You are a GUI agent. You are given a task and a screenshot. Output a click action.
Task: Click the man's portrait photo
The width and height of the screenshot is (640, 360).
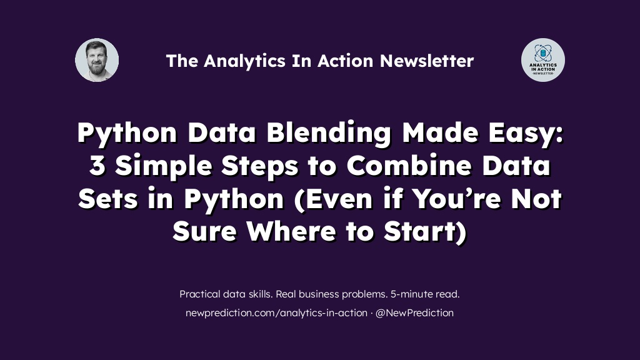(97, 60)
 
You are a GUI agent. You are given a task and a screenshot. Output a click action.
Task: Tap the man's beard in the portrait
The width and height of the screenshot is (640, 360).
(97, 67)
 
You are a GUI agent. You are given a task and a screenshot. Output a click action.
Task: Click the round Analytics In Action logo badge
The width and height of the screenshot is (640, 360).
(543, 60)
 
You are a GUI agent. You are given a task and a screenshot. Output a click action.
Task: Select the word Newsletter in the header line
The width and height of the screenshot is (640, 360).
(427, 61)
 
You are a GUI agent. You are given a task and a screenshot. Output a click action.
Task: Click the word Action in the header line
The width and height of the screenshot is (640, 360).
(345, 61)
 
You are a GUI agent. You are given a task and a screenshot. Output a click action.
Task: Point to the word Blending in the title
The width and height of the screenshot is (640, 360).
(329, 133)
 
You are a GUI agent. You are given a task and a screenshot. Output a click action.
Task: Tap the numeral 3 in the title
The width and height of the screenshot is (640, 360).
(97, 165)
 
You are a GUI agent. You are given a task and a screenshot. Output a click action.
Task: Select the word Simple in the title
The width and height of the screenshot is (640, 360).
(163, 166)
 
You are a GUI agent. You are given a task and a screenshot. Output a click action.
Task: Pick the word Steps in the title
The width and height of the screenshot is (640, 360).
(259, 166)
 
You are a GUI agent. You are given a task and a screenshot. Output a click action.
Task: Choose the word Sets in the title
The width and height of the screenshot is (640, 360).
(107, 198)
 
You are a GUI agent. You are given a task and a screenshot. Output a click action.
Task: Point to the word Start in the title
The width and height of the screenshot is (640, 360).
(421, 231)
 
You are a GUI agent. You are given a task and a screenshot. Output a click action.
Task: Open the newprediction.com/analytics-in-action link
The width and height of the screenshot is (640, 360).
(276, 313)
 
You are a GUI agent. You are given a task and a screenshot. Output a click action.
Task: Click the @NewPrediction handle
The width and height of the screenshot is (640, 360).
(414, 313)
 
